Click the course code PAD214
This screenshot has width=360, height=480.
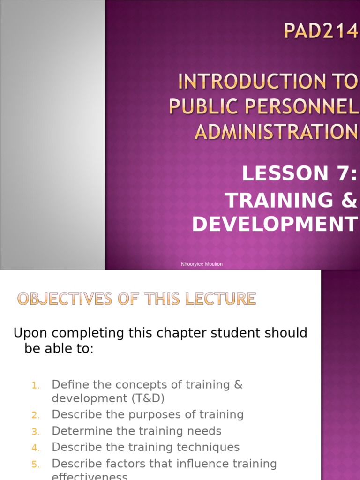321,33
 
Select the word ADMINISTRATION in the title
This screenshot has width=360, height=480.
276,131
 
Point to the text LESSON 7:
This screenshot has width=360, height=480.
300,174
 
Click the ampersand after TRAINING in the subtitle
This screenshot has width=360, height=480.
349,201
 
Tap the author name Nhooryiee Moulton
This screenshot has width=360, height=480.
202,264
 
